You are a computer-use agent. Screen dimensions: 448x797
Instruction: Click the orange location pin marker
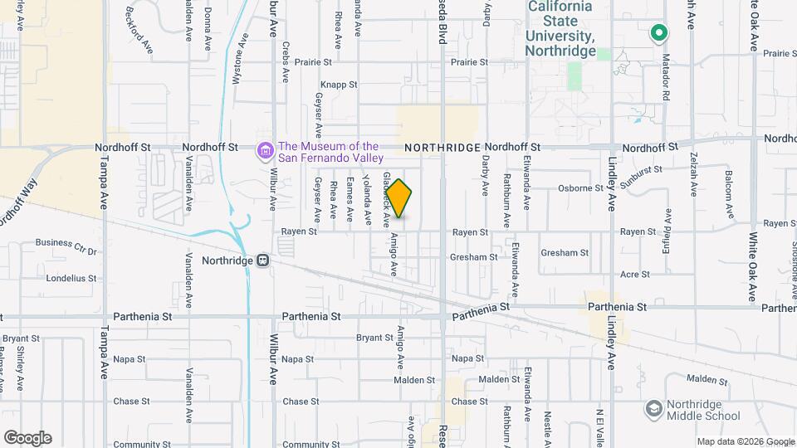(399, 198)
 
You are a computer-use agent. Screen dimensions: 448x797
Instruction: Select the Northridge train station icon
(263, 260)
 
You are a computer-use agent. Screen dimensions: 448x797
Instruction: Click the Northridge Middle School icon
(653, 409)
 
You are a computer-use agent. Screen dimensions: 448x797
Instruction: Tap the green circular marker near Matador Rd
(658, 33)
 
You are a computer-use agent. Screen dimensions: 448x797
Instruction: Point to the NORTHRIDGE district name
(443, 147)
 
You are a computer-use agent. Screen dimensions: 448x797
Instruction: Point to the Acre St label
(635, 274)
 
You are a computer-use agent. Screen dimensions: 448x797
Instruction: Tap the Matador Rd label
(665, 76)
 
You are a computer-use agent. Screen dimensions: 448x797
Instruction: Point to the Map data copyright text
(745, 441)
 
